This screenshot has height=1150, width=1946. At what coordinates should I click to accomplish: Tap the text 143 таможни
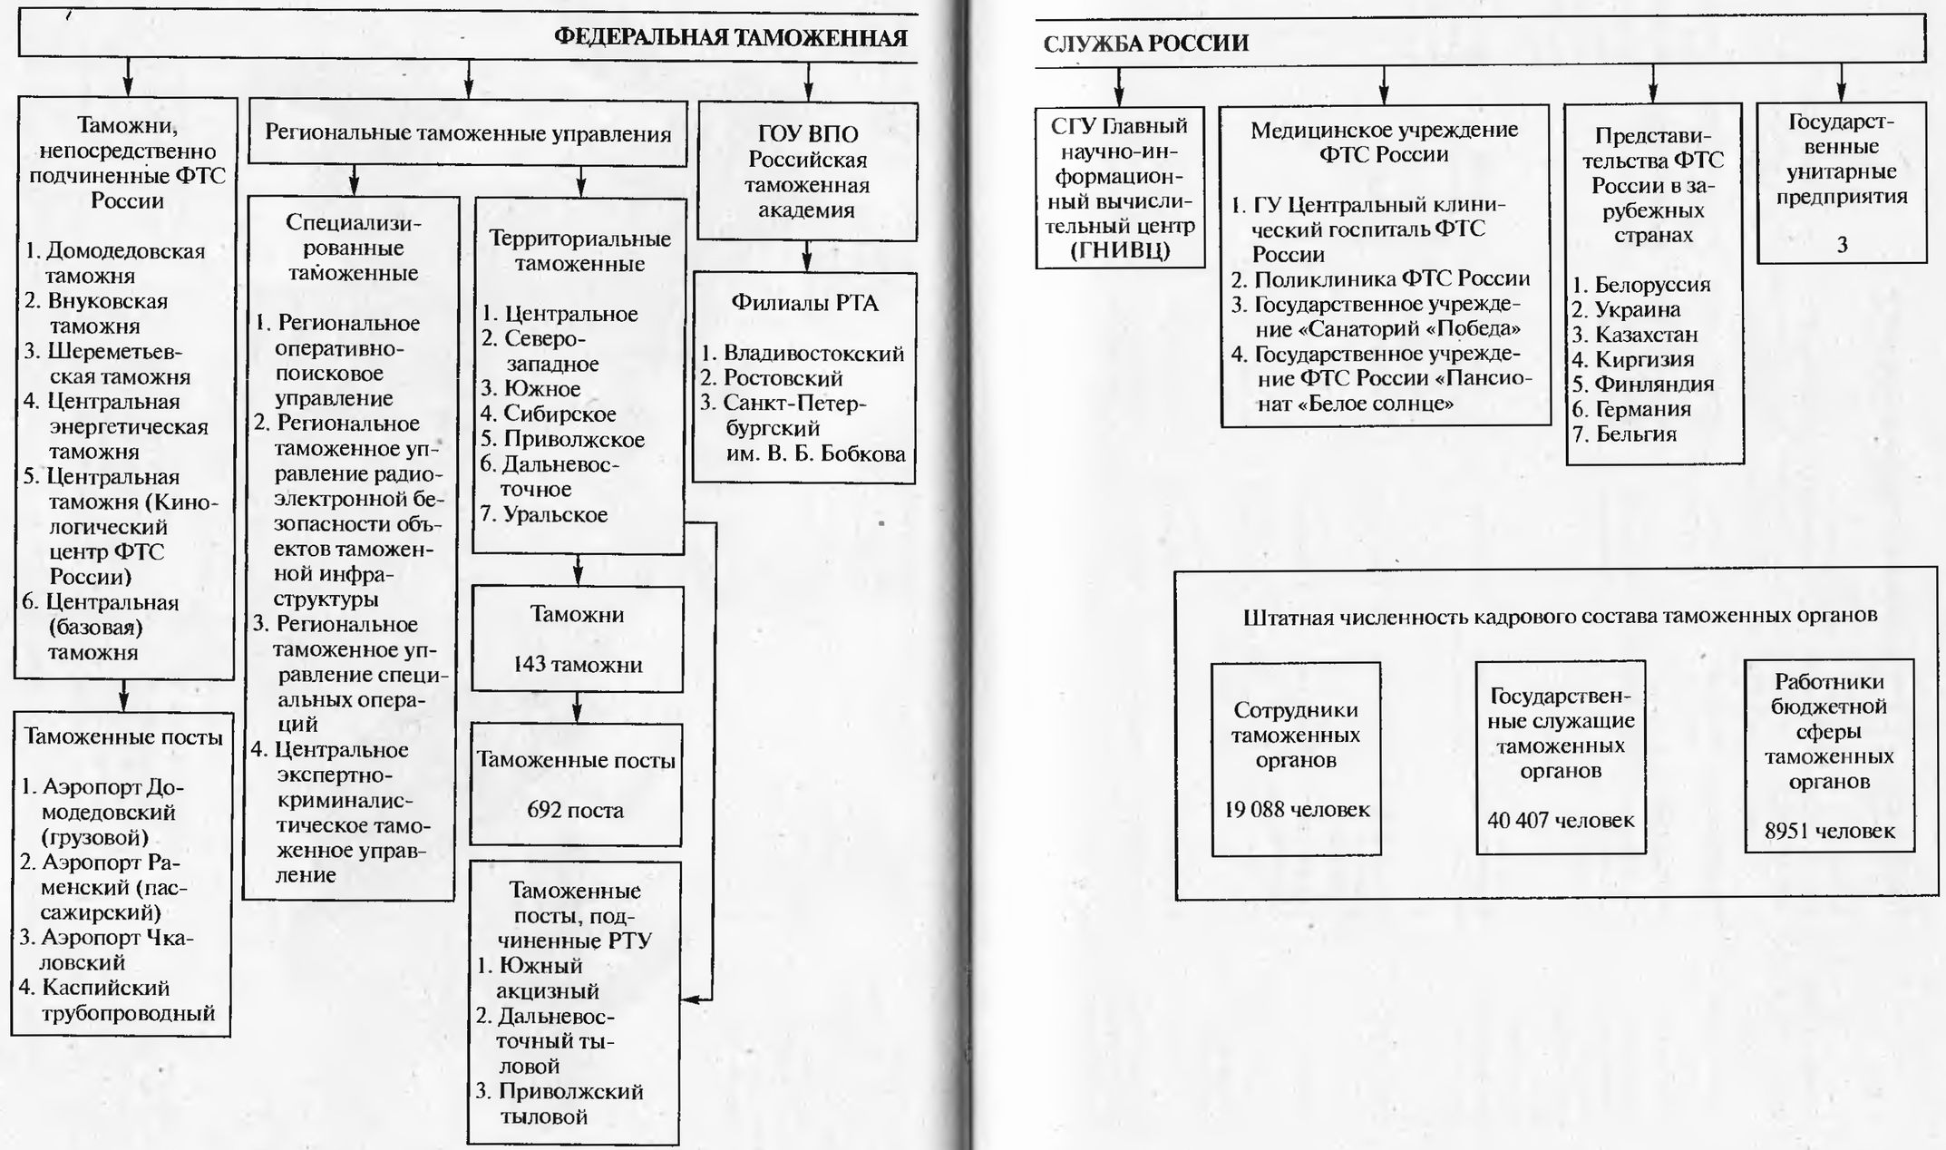577,664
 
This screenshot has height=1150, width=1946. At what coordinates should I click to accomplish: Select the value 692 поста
575,810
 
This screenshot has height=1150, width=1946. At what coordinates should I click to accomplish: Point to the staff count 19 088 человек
1296,809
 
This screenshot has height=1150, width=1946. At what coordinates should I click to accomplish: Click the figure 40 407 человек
1561,820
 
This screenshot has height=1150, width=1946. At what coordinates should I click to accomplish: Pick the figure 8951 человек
1829,831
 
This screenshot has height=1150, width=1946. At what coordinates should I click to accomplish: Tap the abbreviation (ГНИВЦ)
1120,250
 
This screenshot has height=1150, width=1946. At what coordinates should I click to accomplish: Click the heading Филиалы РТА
804,303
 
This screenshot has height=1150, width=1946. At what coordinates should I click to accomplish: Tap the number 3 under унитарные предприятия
1841,244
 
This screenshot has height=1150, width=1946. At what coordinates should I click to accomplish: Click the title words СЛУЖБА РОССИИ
1145,44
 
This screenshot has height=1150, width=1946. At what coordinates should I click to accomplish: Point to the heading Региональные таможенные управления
468,133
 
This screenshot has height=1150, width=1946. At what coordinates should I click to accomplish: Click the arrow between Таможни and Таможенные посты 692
578,708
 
